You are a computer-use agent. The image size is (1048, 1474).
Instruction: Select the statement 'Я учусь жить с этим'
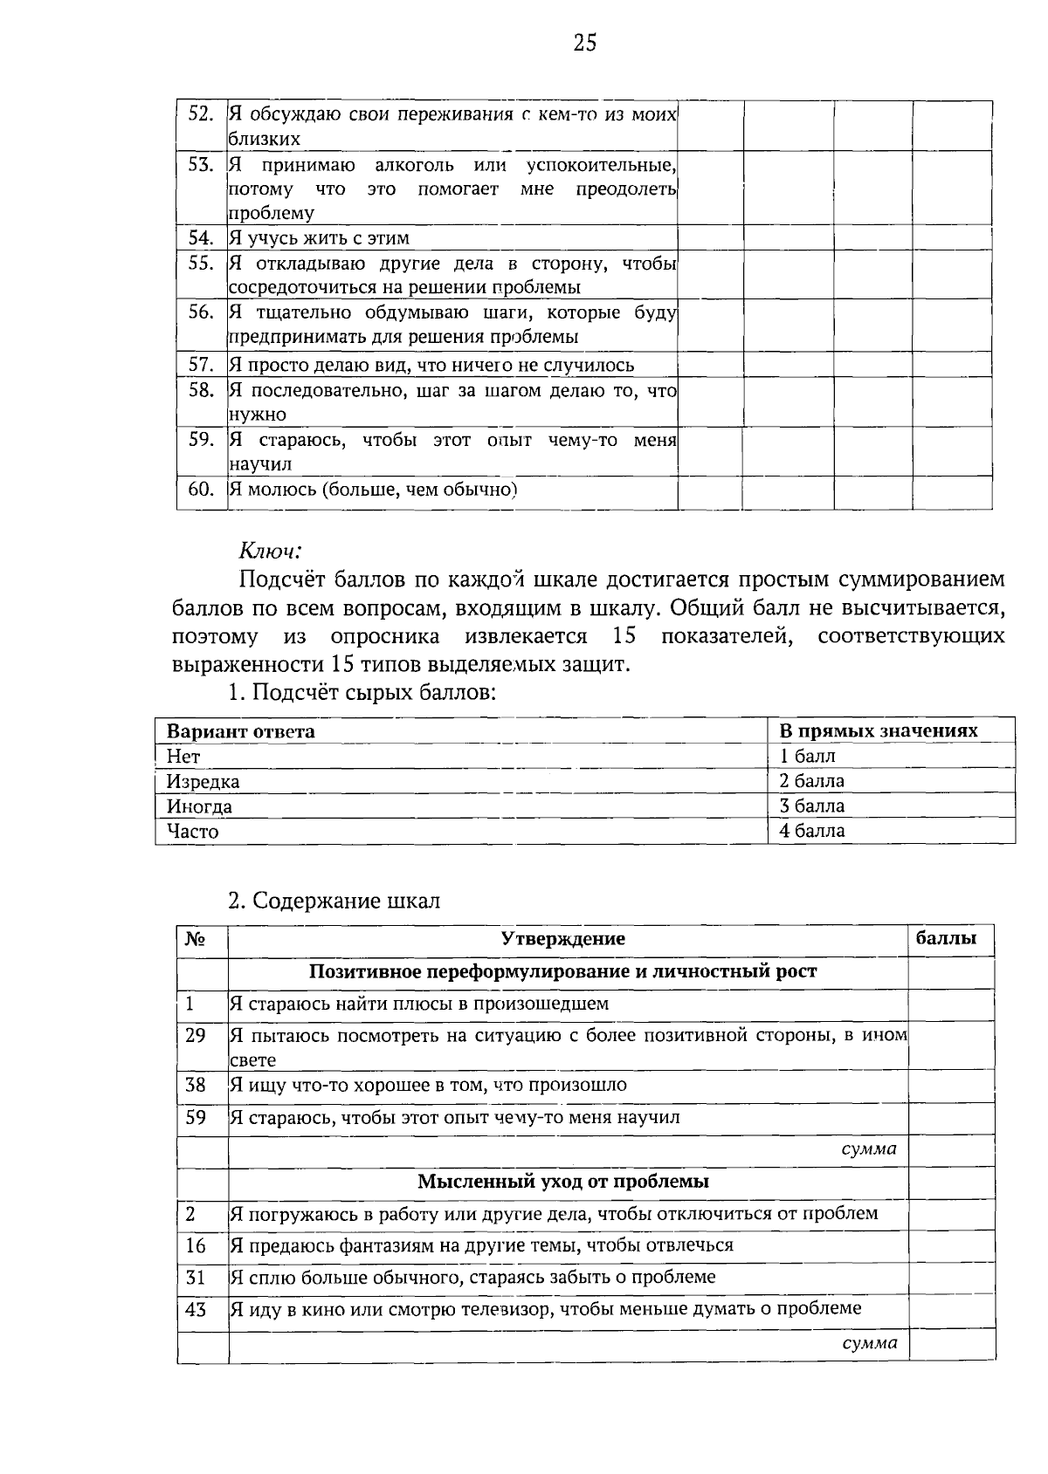319,238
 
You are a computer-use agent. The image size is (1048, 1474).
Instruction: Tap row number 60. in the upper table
201,490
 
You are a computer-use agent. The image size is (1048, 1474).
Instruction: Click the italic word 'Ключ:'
270,551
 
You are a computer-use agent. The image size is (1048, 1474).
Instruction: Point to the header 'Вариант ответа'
240,731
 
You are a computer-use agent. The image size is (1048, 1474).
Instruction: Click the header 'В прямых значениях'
878,731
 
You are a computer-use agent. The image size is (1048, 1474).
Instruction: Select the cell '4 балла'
811,831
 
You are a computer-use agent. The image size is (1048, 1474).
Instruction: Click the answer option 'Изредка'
203,782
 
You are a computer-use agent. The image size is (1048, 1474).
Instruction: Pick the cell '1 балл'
807,756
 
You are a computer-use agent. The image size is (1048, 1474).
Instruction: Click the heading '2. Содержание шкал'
334,901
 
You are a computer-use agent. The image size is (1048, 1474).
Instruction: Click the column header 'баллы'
945,939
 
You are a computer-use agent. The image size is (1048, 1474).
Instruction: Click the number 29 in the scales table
196,1036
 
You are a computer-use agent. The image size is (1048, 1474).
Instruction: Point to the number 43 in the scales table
196,1309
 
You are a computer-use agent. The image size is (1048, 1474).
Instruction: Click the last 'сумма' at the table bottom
869,1343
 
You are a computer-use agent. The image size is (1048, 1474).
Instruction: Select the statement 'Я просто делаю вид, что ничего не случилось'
431,365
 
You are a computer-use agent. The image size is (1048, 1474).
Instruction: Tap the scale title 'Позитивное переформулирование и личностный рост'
562,971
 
